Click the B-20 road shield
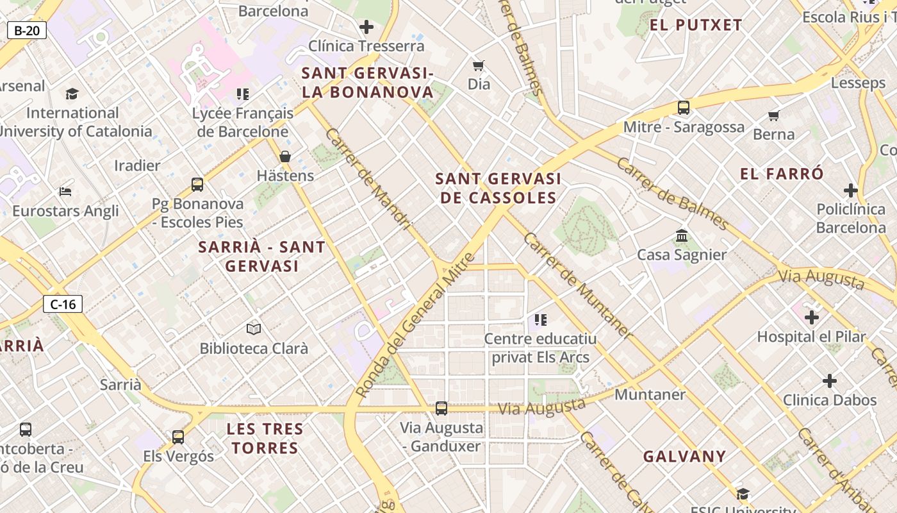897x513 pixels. [x=27, y=29]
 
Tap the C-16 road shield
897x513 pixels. [x=63, y=304]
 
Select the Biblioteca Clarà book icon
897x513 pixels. [x=254, y=329]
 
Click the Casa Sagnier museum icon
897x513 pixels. [x=682, y=236]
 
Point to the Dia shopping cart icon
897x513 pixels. [x=479, y=65]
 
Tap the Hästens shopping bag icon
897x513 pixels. [x=285, y=156]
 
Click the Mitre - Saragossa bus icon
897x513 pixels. [x=684, y=108]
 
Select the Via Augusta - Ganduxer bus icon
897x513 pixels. [x=441, y=408]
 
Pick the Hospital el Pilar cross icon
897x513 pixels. [x=812, y=317]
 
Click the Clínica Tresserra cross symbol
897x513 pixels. [x=366, y=27]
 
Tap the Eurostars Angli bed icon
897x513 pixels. [x=65, y=191]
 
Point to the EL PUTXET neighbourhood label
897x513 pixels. [x=696, y=26]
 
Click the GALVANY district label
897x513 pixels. [x=684, y=457]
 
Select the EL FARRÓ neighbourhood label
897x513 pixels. [x=782, y=174]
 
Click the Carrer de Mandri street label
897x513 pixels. [x=368, y=178]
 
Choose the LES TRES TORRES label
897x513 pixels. [x=265, y=438]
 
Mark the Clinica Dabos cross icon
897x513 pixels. [x=830, y=381]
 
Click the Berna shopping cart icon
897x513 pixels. [x=774, y=115]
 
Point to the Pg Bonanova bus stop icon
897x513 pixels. [x=197, y=185]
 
